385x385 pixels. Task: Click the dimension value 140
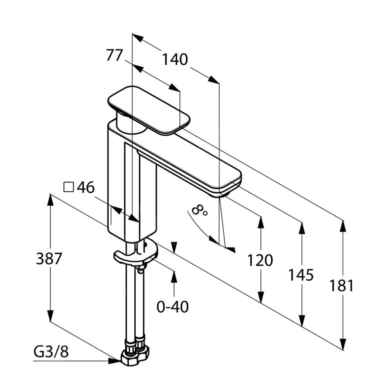(174, 59)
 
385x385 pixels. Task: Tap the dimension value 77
(114, 55)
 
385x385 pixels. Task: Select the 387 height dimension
(49, 259)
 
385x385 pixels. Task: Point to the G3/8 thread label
(51, 352)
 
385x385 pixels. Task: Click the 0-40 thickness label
(173, 307)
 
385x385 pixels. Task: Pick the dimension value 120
(260, 260)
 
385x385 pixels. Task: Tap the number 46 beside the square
(86, 187)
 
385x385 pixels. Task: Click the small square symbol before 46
(68, 187)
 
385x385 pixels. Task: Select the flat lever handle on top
(149, 109)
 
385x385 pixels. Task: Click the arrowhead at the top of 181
(343, 226)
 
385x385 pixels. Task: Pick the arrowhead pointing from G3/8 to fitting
(114, 361)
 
